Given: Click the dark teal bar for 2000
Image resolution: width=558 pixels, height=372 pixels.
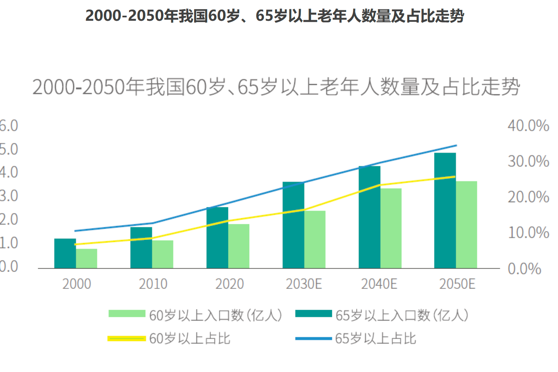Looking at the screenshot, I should pyautogui.click(x=65, y=253).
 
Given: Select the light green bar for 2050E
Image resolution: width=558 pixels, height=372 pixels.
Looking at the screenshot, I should pyautogui.click(x=466, y=225).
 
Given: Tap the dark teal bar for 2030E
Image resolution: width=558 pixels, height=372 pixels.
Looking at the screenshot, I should pyautogui.click(x=293, y=225).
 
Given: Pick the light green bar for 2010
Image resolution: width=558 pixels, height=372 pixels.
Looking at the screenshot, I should pyautogui.click(x=162, y=254).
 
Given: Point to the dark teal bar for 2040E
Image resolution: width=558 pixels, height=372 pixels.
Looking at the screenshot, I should pyautogui.click(x=369, y=217).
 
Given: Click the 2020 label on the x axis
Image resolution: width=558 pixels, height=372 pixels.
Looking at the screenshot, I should pyautogui.click(x=229, y=284).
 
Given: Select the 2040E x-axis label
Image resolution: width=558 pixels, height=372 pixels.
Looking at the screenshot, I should pyautogui.click(x=379, y=284).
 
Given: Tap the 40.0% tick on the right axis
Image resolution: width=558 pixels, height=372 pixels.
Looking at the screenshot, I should pyautogui.click(x=528, y=126).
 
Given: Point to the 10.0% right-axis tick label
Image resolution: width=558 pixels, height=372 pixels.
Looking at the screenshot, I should pyautogui.click(x=528, y=233).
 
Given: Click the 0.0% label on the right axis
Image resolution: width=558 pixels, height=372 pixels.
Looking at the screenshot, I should pyautogui.click(x=524, y=269).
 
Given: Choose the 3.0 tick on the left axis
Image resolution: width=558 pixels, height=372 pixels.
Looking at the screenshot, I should pyautogui.click(x=9, y=196).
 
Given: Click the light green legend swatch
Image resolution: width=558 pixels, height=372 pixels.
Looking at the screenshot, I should pyautogui.click(x=127, y=313).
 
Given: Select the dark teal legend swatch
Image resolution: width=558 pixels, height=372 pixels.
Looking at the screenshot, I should pyautogui.click(x=314, y=313).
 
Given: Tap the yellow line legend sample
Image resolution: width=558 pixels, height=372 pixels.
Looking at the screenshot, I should pyautogui.click(x=127, y=338).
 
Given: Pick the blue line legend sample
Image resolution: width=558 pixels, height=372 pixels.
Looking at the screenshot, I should pyautogui.click(x=314, y=338).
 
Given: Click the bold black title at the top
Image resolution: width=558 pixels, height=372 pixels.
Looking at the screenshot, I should pyautogui.click(x=274, y=16).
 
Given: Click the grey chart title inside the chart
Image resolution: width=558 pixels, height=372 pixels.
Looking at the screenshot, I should pyautogui.click(x=276, y=87).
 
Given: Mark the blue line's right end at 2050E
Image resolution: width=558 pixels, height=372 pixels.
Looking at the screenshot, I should pyautogui.click(x=456, y=146).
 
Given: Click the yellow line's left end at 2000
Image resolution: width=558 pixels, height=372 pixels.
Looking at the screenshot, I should pyautogui.click(x=75, y=244).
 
